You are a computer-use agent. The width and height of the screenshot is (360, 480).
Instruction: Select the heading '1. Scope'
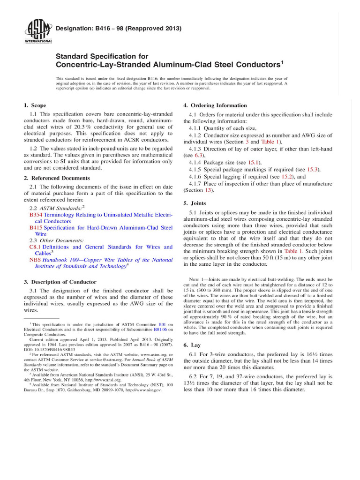click(x=35, y=105)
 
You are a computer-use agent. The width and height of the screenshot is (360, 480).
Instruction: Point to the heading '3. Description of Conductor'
click(x=60, y=282)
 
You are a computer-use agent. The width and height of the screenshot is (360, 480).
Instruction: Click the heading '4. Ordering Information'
click(x=215, y=105)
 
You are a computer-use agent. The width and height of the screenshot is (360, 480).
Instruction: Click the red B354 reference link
click(x=36, y=214)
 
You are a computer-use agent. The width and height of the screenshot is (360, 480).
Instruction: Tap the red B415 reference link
click(x=36, y=227)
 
